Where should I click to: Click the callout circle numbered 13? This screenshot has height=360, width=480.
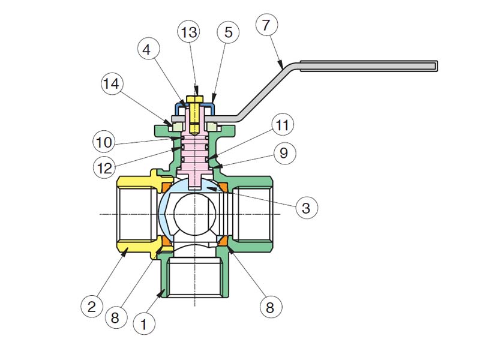[189, 32]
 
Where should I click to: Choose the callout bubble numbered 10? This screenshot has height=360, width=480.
[104, 142]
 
